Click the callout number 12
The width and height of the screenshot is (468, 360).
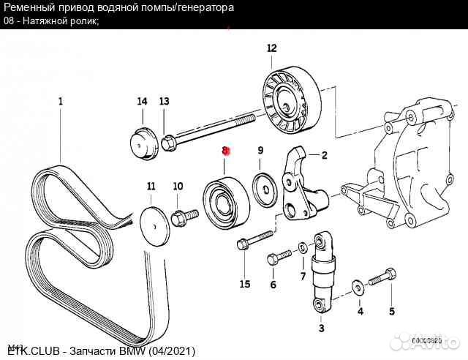click(x=272, y=48)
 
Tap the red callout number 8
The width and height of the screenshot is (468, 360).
click(x=226, y=151)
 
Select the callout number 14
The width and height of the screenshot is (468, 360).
click(x=142, y=101)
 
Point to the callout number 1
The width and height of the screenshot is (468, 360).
click(x=61, y=101)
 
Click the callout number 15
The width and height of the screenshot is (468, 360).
click(x=244, y=285)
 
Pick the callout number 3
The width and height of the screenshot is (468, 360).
click(x=321, y=329)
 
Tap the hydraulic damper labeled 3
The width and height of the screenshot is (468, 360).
click(x=321, y=271)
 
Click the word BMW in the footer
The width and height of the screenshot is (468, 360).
click(x=134, y=352)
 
